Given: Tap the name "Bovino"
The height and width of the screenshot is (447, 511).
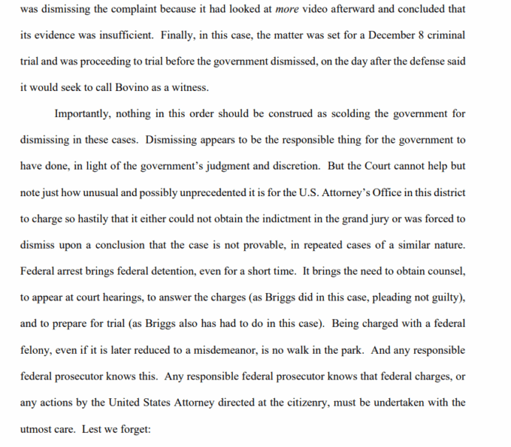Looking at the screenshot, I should (x=135, y=88).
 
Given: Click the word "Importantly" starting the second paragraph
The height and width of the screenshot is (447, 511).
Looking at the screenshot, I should (x=83, y=114).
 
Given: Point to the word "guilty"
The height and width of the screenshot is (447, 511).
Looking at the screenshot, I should (x=448, y=298).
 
